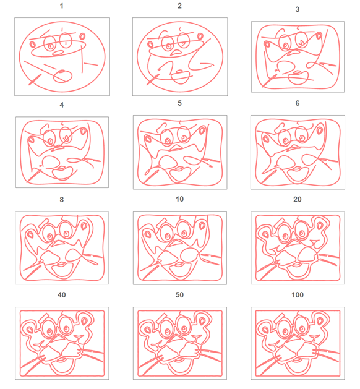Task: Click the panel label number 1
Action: pos(62,6)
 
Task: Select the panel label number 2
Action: pos(179,6)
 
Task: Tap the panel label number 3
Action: pos(298,10)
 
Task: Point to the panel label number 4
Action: pos(62,105)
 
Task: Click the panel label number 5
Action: pos(179,103)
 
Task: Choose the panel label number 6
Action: pos(298,103)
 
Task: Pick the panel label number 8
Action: pos(62,200)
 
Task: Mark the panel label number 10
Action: pos(179,200)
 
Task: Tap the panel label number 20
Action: pos(298,200)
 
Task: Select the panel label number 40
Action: pos(62,296)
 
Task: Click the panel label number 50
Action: pos(179,296)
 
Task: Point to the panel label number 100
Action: pos(298,296)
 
